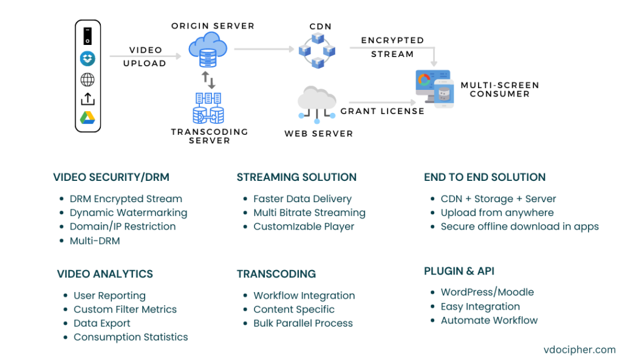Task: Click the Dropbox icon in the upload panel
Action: [x=88, y=59]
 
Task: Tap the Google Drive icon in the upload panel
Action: [x=88, y=118]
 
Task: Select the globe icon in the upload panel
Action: [x=88, y=80]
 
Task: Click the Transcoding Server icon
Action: [x=208, y=109]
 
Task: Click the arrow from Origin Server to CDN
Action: [x=261, y=49]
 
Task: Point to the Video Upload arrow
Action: [x=145, y=56]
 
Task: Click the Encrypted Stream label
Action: [x=392, y=47]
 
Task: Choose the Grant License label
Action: [x=382, y=111]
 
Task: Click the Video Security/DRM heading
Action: [x=111, y=177]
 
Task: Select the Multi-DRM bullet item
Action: [x=94, y=241]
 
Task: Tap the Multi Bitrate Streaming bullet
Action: [x=309, y=212]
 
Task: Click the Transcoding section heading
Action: [x=276, y=274]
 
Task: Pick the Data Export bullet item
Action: [x=101, y=323]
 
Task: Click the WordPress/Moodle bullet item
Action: [x=487, y=292]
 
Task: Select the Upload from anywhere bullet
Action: [x=497, y=212]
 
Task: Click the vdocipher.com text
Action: [x=579, y=349]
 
